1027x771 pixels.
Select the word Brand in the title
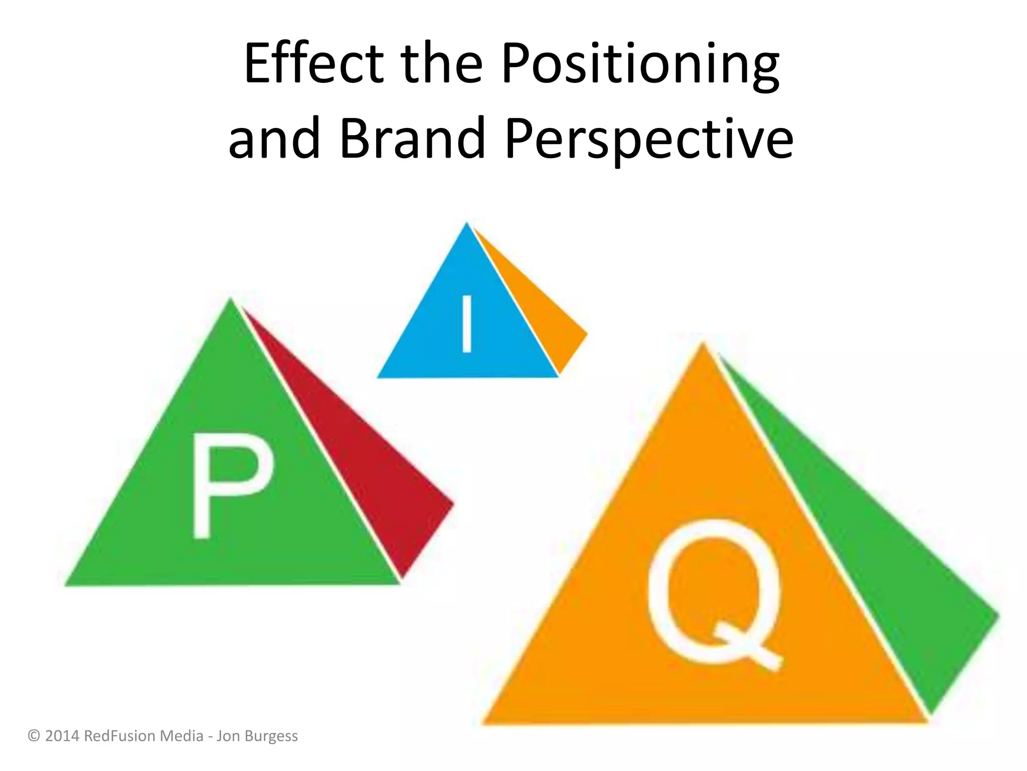point(412,138)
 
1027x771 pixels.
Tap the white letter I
point(467,324)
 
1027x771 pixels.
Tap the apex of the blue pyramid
point(467,224)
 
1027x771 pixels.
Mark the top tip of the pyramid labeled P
point(231,300)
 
